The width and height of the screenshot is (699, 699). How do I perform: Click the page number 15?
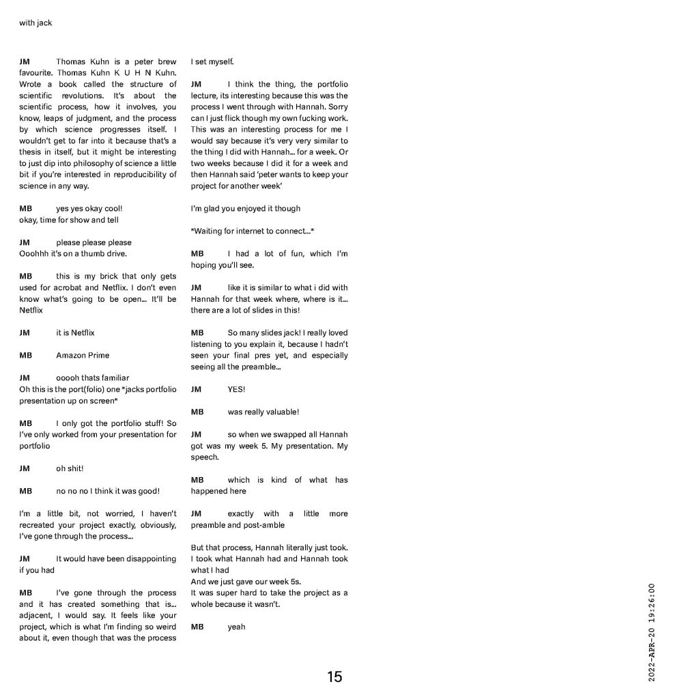pyautogui.click(x=334, y=676)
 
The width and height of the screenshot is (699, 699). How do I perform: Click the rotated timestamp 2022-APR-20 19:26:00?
pyautogui.click(x=651, y=632)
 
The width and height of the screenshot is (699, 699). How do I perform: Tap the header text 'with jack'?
pyautogui.click(x=35, y=23)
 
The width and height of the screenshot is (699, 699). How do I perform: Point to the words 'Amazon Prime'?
pyautogui.click(x=83, y=355)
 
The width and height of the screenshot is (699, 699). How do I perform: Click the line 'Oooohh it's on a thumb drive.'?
pyautogui.click(x=73, y=253)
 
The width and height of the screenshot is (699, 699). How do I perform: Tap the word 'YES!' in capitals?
pyautogui.click(x=236, y=389)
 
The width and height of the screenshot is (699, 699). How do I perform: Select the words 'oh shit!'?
pyautogui.click(x=70, y=468)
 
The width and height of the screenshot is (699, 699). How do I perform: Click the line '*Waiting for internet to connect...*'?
pyautogui.click(x=252, y=231)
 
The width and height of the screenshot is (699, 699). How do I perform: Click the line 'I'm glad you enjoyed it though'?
pyautogui.click(x=245, y=208)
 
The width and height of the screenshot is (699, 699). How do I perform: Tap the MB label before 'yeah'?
pyautogui.click(x=197, y=627)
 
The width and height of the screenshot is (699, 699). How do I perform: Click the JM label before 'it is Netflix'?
pyautogui.click(x=25, y=332)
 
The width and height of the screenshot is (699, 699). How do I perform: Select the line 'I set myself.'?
pyautogui.click(x=212, y=62)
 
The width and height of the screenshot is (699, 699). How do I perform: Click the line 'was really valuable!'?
pyautogui.click(x=263, y=412)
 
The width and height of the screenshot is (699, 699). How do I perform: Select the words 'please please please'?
pyautogui.click(x=94, y=242)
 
